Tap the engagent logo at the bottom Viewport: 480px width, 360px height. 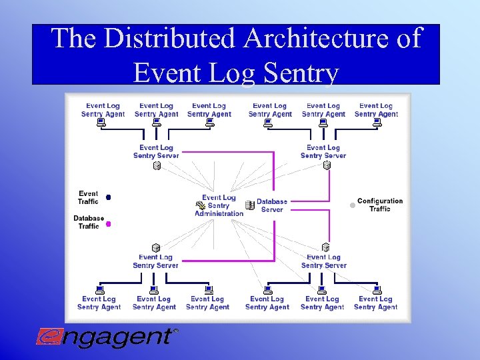[107, 337]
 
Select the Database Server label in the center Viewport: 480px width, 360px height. [272, 205]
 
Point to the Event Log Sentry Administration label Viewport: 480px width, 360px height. [219, 205]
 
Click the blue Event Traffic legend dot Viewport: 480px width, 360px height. [108, 197]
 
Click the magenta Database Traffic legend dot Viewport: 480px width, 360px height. [108, 224]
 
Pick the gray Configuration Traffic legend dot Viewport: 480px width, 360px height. [353, 205]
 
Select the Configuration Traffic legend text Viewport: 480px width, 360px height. [380, 205]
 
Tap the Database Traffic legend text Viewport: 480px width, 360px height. [88, 222]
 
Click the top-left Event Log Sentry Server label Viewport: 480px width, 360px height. [156, 151]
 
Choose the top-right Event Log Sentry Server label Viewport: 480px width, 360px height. [323, 151]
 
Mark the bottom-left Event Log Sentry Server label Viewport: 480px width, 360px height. [155, 261]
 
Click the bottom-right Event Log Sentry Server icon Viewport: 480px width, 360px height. [326, 247]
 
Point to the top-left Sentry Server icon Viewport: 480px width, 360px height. [157, 165]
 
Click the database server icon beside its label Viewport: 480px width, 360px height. [249, 205]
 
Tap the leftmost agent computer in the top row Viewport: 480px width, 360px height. [101, 123]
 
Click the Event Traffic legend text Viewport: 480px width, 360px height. [88, 197]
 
